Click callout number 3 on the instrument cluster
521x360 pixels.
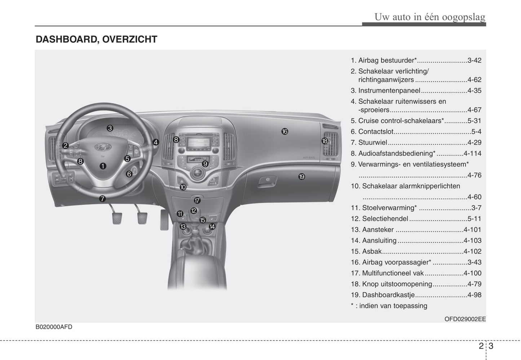[110, 128]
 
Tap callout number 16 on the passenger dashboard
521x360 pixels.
[285, 132]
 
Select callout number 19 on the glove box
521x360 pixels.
[302, 177]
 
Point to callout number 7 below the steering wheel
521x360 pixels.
[102, 199]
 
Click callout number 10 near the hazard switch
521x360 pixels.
[183, 187]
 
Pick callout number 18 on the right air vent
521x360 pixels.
[324, 141]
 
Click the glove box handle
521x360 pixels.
[267, 180]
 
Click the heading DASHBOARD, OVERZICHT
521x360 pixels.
[96, 39]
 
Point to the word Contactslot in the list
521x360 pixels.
[376, 132]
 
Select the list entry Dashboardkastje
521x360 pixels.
[388, 295]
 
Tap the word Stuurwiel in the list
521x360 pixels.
[372, 142]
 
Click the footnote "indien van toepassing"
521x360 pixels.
[393, 306]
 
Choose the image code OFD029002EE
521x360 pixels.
[465, 319]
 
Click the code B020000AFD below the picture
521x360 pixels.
[54, 327]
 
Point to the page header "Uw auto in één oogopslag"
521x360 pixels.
[429, 17]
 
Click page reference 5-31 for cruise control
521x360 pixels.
[474, 121]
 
